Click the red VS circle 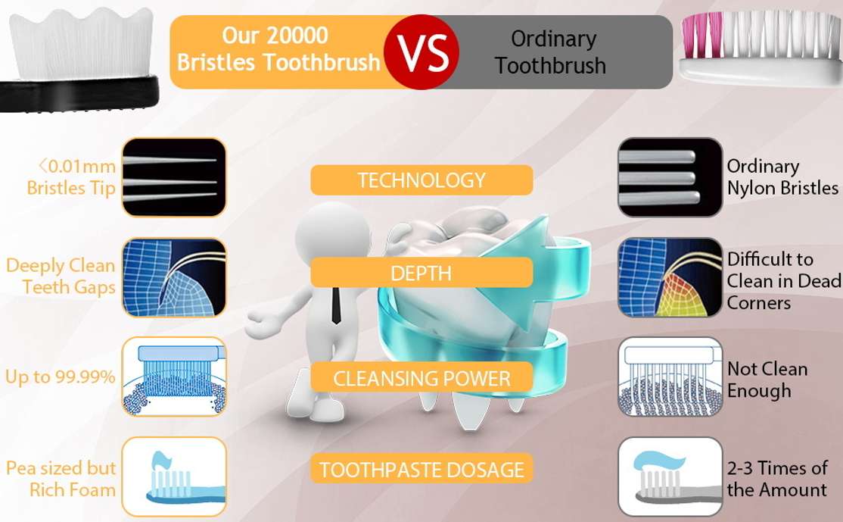[x=422, y=52]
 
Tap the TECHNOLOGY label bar [x=421, y=180]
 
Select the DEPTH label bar [x=421, y=273]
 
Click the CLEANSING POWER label [x=421, y=378]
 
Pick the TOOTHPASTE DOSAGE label [x=421, y=470]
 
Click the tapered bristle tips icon [x=174, y=177]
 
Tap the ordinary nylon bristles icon [x=670, y=177]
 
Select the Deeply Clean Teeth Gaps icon [x=174, y=278]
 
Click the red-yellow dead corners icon [x=670, y=278]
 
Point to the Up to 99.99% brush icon [x=174, y=377]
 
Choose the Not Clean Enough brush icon [x=670, y=377]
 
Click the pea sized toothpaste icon [x=174, y=477]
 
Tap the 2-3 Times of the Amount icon [x=670, y=477]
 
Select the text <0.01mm [x=77, y=166]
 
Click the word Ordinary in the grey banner [x=554, y=39]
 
